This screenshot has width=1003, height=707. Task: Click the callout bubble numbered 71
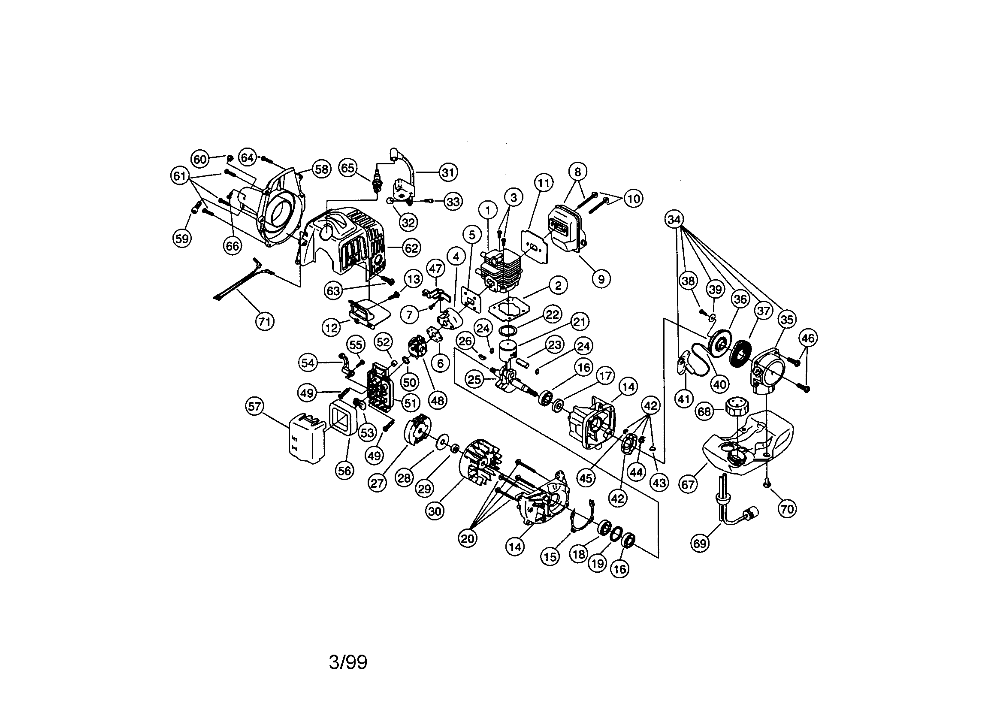264,322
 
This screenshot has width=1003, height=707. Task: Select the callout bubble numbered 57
254,406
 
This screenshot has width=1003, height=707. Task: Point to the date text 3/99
348,662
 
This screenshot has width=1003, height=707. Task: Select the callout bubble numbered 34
674,219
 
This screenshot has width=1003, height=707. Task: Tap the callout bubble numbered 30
435,511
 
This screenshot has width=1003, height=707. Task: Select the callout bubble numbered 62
411,248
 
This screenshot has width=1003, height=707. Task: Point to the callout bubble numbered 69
700,544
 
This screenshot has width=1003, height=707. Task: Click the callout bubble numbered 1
488,211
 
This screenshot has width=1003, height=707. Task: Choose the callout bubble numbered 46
808,338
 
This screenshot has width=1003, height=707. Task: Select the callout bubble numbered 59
182,238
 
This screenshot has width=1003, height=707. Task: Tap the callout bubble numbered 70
787,509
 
